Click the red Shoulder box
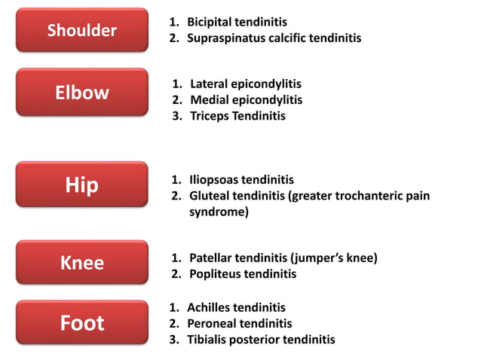click(81, 30)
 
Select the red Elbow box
click(81, 93)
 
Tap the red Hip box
click(81, 185)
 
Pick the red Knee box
click(81, 263)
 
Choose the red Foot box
click(81, 323)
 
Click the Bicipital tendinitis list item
click(237, 22)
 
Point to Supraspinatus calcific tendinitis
click(274, 38)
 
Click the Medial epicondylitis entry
click(246, 99)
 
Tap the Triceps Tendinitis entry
click(237, 116)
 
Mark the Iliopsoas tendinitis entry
click(241, 180)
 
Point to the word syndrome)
click(219, 212)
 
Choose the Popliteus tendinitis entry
click(243, 274)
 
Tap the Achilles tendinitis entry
click(236, 307)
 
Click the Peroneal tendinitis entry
click(239, 323)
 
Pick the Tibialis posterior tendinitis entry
click(261, 340)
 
